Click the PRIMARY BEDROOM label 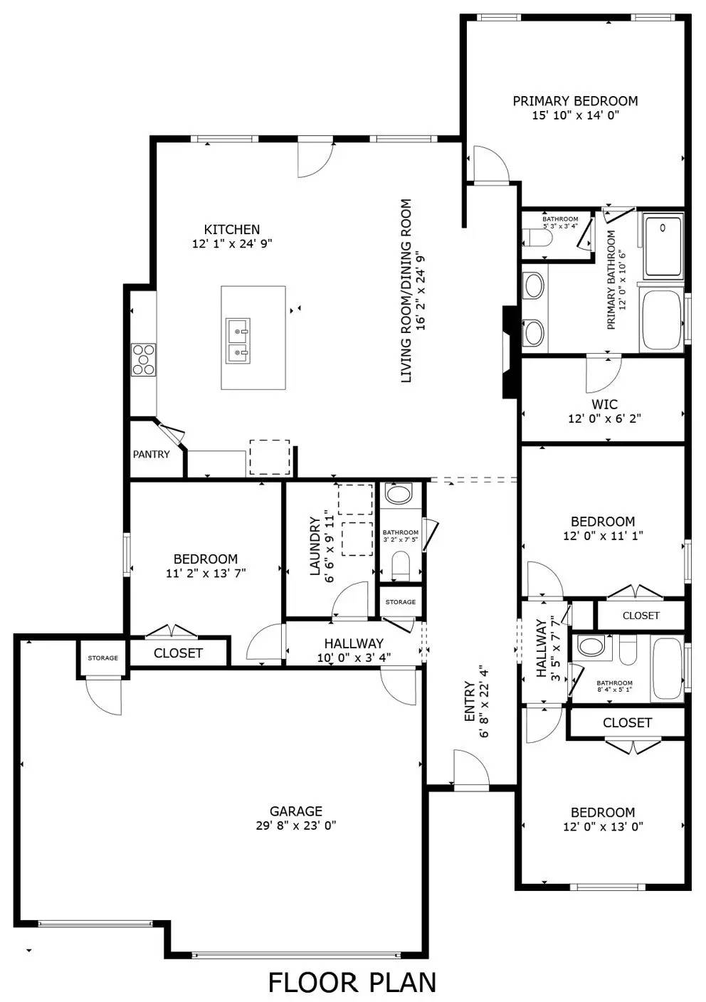[x=575, y=101]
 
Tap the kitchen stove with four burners [x=143, y=359]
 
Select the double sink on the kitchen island [x=238, y=340]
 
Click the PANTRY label [x=151, y=454]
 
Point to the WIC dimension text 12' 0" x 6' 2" [x=604, y=419]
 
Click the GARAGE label [x=295, y=811]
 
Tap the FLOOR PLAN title [x=352, y=982]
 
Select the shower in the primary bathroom [x=663, y=246]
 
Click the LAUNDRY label [x=315, y=546]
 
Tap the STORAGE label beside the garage [x=102, y=658]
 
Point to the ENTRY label [x=470, y=702]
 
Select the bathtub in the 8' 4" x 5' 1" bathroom [x=667, y=669]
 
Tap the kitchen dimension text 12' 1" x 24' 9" [x=232, y=243]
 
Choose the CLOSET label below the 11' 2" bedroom [x=178, y=653]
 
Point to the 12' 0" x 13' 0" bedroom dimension [x=603, y=827]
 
